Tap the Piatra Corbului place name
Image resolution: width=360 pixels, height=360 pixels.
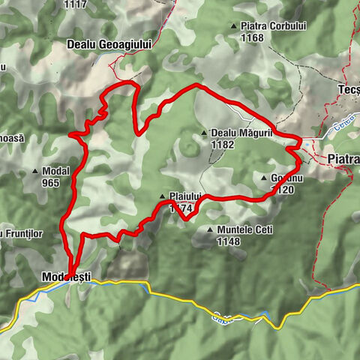click(274, 26)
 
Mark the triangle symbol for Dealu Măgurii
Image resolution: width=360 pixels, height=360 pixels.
click(204, 134)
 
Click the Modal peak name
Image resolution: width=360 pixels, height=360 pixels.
click(56, 170)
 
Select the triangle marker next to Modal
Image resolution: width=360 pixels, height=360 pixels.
click(35, 171)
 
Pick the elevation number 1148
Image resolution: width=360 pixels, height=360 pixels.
click(227, 241)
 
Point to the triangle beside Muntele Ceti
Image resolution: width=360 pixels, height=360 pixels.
click(208, 229)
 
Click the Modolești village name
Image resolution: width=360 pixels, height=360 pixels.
click(66, 277)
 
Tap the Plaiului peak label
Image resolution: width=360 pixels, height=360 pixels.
click(184, 197)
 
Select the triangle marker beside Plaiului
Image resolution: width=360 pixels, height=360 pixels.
click(162, 197)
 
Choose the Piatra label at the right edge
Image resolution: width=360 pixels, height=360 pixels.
click(343, 159)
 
